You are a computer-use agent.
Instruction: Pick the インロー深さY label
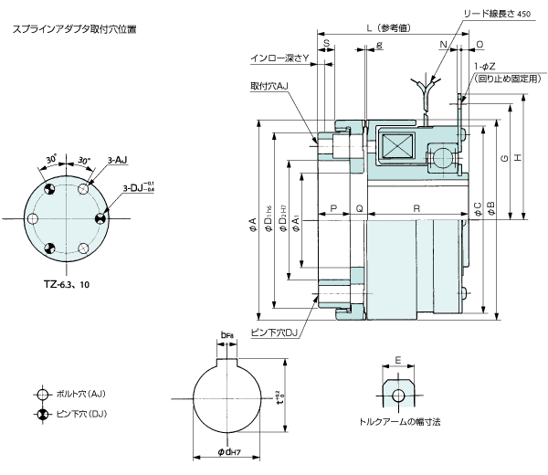pos(280,58)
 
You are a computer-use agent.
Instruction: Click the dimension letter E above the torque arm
pos(397,359)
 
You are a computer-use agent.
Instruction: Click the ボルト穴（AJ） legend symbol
pos(41,395)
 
